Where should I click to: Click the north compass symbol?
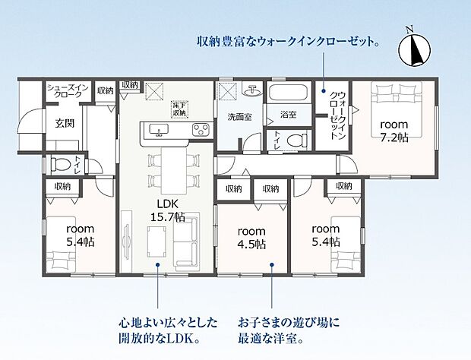point(415,49)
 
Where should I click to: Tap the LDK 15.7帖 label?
point(168,210)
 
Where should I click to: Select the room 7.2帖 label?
point(394,131)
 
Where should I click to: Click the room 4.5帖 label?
point(251,238)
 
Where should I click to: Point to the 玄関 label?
point(65,123)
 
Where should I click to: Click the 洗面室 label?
point(239,117)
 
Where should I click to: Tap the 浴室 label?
point(289,115)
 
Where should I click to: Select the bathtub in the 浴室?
point(288,93)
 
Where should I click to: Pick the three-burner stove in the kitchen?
point(201,130)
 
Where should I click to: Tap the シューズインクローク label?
point(68,91)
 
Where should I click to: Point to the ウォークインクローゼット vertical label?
point(337,115)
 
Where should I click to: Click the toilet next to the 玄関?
point(61,165)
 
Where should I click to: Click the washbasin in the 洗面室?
point(252,90)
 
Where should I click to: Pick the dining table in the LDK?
point(174,171)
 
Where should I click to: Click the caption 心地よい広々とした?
point(168,323)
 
